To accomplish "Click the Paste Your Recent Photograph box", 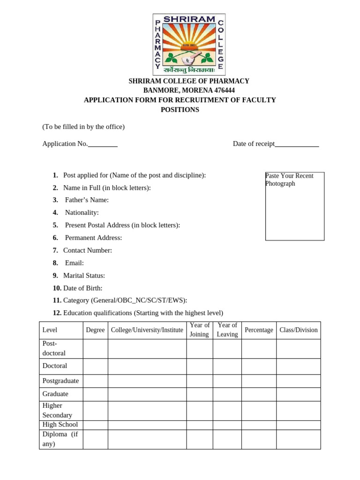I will click(295, 206).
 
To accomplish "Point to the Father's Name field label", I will click(87, 200).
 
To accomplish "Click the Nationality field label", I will click(82, 213).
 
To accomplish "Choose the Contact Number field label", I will click(87, 250).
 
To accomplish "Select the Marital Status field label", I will click(84, 276).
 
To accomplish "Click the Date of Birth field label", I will click(82, 288).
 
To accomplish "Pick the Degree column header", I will click(95, 330).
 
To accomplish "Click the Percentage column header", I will click(259, 330).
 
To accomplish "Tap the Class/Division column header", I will click(299, 330).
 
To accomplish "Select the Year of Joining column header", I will click(200, 330).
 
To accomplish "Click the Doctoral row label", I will click(55, 366).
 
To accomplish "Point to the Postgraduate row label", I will click(60, 381).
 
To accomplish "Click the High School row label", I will click(60, 425).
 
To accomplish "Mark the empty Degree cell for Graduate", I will click(95, 394).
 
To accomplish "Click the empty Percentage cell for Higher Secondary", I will click(259, 411).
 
